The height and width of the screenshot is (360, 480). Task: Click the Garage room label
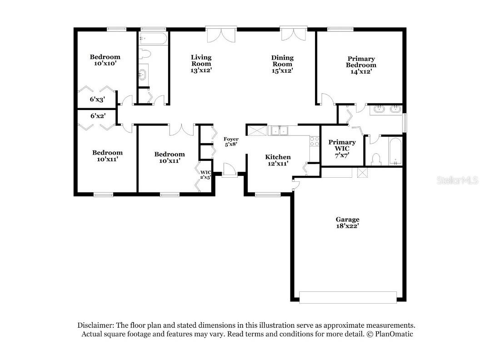coord(348,220)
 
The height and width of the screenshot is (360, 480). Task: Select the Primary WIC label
coord(342,145)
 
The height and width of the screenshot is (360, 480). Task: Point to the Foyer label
coord(231,139)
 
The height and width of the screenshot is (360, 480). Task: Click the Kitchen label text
coord(278,157)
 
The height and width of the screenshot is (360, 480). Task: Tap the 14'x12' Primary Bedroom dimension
coord(361,71)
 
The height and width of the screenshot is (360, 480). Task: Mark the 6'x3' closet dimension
coord(98,99)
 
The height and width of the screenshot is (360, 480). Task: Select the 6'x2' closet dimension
coord(98,116)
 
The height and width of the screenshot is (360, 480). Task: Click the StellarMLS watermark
coord(457,180)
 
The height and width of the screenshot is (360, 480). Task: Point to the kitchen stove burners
coord(315,141)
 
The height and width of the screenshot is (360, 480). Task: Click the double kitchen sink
coord(280,131)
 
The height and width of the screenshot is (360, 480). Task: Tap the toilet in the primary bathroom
coord(375,159)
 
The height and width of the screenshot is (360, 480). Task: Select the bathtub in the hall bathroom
coord(153,38)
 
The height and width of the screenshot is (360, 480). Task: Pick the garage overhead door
coord(348,297)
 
